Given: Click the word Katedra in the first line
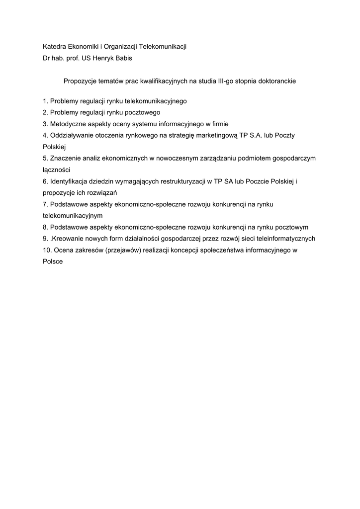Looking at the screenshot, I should click(x=56, y=47).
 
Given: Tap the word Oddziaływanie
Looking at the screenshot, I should click(x=72, y=135).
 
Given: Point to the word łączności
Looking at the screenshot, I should click(x=56, y=170).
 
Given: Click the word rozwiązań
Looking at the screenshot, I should click(x=105, y=192).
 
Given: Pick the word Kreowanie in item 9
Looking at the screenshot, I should click(x=69, y=239).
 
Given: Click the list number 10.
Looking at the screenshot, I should click(x=47, y=251).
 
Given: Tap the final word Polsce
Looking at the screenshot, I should click(x=53, y=261).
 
